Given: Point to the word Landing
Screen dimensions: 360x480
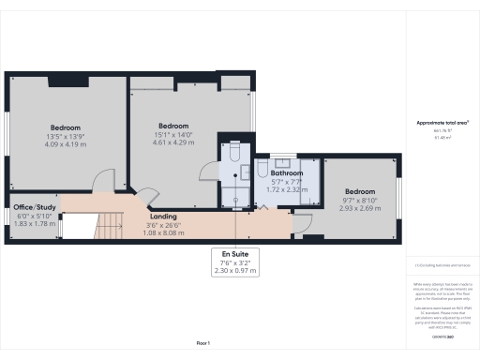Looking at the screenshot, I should point(163,217).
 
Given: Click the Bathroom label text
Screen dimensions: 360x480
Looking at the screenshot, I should point(287,173).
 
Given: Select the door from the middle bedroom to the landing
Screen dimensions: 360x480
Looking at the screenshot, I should point(148,198).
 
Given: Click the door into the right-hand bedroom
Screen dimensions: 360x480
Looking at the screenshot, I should point(301,224).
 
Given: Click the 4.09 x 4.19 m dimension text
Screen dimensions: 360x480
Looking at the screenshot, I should point(65,145).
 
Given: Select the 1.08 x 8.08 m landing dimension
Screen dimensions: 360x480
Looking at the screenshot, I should point(163,232).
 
